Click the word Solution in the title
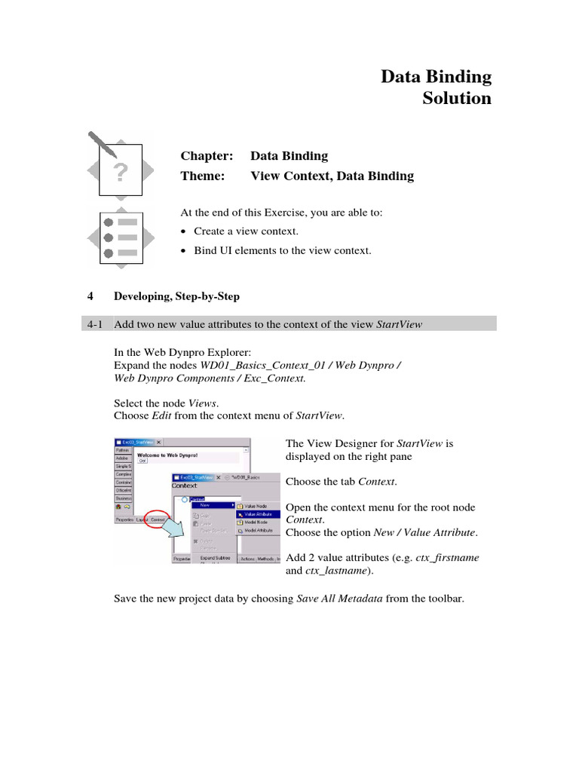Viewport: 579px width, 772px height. pyautogui.click(x=456, y=99)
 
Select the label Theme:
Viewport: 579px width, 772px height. pyautogui.click(x=202, y=176)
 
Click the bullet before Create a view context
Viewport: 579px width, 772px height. pyautogui.click(x=185, y=232)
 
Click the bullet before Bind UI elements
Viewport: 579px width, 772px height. pyautogui.click(x=185, y=251)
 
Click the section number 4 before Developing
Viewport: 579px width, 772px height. pyautogui.click(x=90, y=296)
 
